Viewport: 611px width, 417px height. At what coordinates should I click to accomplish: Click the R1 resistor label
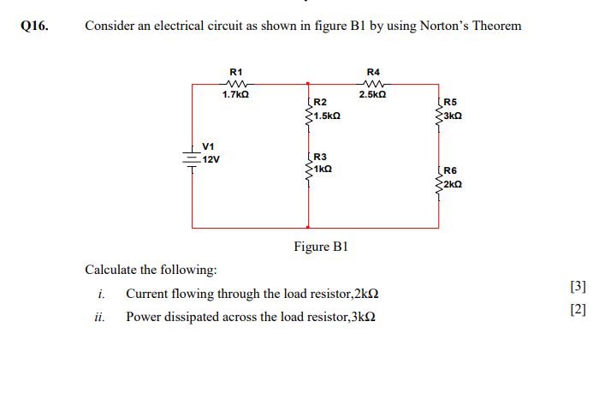tap(237, 71)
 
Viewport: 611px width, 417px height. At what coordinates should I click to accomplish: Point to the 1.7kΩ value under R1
tap(236, 94)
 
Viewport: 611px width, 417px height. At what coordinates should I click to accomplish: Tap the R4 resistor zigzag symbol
tap(373, 83)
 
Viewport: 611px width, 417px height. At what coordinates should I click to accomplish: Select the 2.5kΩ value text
tap(373, 94)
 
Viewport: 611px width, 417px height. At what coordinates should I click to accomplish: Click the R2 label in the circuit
tap(321, 103)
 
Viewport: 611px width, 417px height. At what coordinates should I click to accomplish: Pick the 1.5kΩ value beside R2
tap(327, 115)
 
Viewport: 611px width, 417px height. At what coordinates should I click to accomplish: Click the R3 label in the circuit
tap(321, 157)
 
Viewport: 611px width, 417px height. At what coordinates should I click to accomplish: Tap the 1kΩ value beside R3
tap(323, 169)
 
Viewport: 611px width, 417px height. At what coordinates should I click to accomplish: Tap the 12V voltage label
tap(211, 159)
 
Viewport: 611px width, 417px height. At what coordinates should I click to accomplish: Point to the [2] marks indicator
tap(578, 310)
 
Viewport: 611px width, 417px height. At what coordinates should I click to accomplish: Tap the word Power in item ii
tap(142, 317)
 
